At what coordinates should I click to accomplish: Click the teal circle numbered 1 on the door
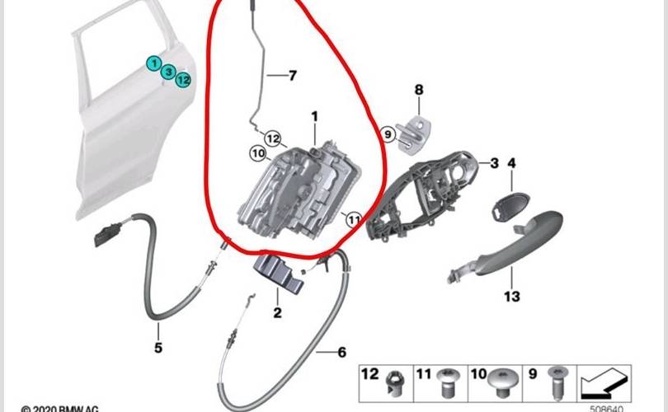point(153,63)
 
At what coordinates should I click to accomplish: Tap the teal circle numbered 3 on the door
point(167,73)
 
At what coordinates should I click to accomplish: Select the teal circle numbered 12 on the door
point(183,80)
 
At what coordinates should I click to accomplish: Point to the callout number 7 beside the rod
point(291,76)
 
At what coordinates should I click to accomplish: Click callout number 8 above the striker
point(419,89)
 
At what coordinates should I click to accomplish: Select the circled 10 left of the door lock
point(257,152)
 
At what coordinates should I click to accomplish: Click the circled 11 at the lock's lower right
point(353,220)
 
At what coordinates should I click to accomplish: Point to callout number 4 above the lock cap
point(511,163)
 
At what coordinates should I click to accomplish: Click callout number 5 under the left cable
point(158,347)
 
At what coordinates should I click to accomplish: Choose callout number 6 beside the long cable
point(341,353)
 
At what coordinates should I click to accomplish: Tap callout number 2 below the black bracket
point(277,312)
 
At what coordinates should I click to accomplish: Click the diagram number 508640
point(606,405)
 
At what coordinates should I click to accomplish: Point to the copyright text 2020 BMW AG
point(59,408)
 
